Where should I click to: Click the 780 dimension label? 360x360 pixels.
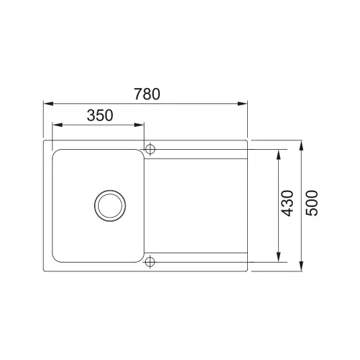click(147, 94)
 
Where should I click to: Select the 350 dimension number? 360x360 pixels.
click(100, 116)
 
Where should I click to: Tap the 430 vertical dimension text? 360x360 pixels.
click(287, 204)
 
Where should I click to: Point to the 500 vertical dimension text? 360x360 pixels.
click(312, 203)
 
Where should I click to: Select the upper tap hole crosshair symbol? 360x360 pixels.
click(150, 149)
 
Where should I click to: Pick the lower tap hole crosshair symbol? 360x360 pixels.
click(150, 261)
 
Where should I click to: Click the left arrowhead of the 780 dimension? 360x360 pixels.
click(48, 103)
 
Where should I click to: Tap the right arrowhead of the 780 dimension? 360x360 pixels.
click(242, 103)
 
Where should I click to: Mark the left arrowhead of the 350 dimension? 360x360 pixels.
click(58, 125)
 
